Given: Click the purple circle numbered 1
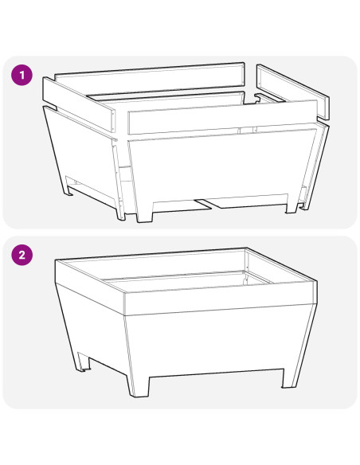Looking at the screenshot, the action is pyautogui.click(x=22, y=76).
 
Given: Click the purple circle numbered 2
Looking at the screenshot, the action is pyautogui.click(x=22, y=255).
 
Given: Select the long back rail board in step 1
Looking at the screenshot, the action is pyautogui.click(x=150, y=78).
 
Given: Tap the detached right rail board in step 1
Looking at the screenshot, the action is pyautogui.click(x=293, y=92).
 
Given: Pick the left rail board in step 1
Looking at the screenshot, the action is pyautogui.click(x=79, y=104).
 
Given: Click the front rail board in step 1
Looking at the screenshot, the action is pyautogui.click(x=223, y=117).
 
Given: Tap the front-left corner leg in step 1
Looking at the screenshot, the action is pyautogui.click(x=145, y=212).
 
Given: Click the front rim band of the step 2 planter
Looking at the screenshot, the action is pyautogui.click(x=221, y=299).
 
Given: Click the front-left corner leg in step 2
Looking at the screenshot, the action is pyautogui.click(x=139, y=387).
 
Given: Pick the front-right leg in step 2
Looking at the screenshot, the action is pyautogui.click(x=288, y=378).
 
